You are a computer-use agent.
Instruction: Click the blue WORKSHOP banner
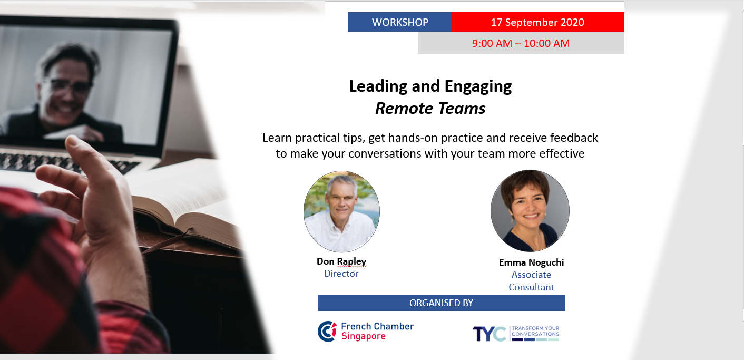[x=399, y=22]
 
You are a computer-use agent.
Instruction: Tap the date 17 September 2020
[x=537, y=22]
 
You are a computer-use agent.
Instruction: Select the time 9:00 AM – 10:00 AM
[x=521, y=43]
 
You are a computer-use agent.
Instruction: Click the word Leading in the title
[x=378, y=86]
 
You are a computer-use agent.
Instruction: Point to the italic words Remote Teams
[x=430, y=108]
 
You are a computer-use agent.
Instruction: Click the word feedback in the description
[x=574, y=138]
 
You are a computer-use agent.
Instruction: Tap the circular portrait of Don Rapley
[x=341, y=211]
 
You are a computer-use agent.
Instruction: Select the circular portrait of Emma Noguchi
[x=530, y=210]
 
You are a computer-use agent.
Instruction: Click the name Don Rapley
[x=341, y=261]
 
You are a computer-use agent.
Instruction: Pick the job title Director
[x=341, y=274]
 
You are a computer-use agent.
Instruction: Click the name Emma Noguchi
[x=531, y=262]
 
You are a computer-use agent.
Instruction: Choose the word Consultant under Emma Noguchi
[x=531, y=287]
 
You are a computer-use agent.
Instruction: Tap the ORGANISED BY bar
[x=441, y=303]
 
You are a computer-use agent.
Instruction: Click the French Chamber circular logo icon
[x=327, y=331]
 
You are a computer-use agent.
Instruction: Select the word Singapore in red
[x=364, y=336]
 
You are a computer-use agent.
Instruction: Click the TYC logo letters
[x=490, y=334]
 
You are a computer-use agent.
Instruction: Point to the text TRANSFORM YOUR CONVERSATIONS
[x=535, y=331]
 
